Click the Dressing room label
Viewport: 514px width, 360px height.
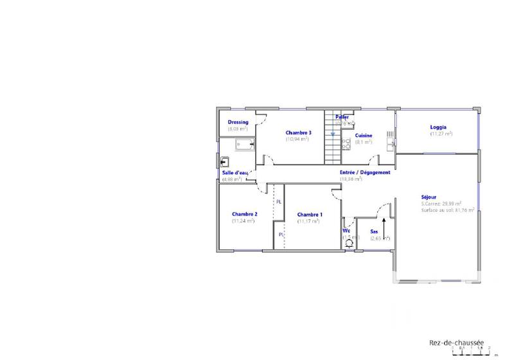point(238,122)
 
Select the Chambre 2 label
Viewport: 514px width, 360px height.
point(245,214)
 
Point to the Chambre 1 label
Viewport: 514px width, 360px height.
point(310,215)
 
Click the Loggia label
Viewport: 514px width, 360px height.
point(438,127)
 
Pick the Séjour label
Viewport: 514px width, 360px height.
point(429,197)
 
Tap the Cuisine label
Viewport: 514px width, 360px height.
point(364,136)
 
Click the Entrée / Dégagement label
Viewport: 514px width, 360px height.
point(365,172)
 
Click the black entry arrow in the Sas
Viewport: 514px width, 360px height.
point(384,229)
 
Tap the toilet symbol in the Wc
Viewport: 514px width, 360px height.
point(349,243)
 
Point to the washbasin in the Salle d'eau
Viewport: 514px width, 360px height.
point(226,161)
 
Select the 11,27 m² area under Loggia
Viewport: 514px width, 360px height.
point(441,134)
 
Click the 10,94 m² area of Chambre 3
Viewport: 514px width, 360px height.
point(297,139)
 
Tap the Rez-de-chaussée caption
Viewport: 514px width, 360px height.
point(456,343)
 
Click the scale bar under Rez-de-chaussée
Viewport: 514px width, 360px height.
point(474,352)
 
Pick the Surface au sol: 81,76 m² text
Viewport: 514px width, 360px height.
point(448,210)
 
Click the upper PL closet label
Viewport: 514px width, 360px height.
point(279,202)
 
